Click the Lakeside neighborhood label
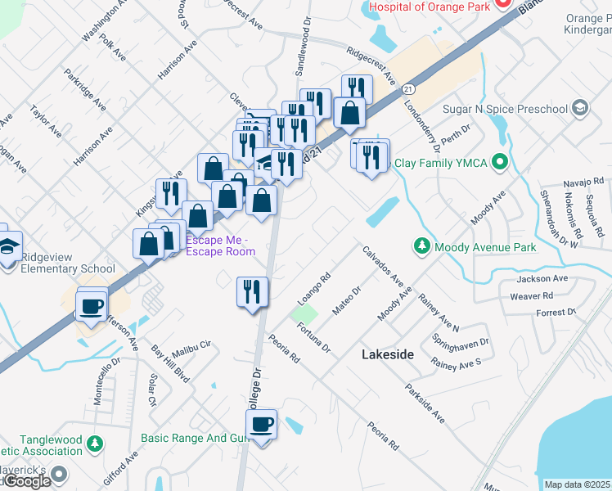pyautogui.click(x=386, y=354)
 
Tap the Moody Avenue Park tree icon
pyautogui.click(x=421, y=245)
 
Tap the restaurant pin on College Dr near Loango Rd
pyautogui.click(x=251, y=293)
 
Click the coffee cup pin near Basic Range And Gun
pyautogui.click(x=262, y=426)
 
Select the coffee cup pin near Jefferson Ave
pyautogui.click(x=91, y=308)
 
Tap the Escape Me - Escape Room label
pyautogui.click(x=220, y=245)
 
